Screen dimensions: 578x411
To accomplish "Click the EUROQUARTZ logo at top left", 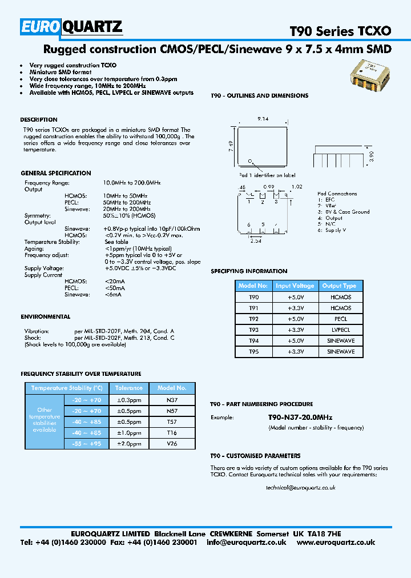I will pyautogui.click(x=71, y=26).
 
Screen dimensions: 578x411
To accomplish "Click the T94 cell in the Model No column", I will pyautogui.click(x=253, y=341).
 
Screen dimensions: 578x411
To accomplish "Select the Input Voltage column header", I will pyautogui.click(x=295, y=286).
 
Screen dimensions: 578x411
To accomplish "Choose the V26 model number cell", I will pyautogui.click(x=172, y=443).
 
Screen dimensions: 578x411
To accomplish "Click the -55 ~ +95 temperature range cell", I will pyautogui.click(x=86, y=443).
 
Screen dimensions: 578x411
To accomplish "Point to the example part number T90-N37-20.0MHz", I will pyautogui.click(x=300, y=418).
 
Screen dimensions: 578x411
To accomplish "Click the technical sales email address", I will pyautogui.click(x=300, y=488).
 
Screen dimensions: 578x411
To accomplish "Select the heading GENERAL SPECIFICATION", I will pyautogui.click(x=56, y=173).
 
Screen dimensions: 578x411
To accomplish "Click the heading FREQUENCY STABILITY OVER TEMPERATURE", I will pyautogui.click(x=80, y=374).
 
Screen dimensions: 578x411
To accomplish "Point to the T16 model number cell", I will pyautogui.click(x=172, y=432).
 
